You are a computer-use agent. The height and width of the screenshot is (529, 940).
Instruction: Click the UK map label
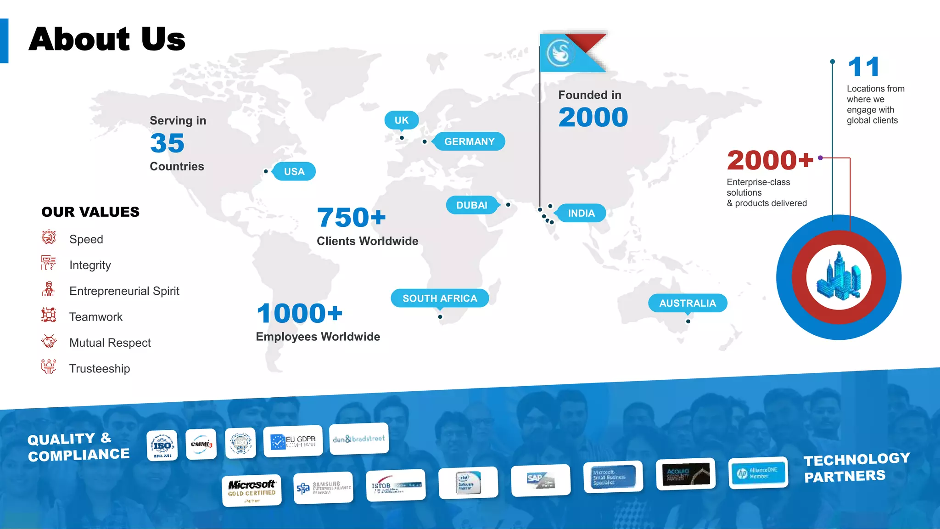401,120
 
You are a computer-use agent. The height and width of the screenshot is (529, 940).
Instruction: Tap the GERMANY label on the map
469,141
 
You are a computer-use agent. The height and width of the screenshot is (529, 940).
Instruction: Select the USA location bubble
294,172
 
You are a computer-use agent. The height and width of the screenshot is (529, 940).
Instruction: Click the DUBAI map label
472,205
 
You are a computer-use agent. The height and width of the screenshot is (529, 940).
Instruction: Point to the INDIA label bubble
581,213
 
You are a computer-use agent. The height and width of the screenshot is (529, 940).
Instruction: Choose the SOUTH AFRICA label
440,298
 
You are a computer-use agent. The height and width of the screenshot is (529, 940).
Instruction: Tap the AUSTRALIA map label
688,303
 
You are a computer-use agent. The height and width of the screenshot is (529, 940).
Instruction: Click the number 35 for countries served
167,143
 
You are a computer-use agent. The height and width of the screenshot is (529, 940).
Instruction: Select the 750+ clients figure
351,217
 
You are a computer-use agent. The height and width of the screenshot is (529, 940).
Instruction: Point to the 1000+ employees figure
299,314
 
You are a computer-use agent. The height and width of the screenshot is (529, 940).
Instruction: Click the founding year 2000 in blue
593,117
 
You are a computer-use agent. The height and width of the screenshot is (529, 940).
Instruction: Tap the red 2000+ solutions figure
770,160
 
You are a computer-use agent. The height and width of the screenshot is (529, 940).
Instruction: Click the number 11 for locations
863,67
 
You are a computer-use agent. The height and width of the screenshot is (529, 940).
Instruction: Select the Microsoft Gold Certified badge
252,490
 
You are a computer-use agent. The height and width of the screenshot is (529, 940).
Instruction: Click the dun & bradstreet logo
359,439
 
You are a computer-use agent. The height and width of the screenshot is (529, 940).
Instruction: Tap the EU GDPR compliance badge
293,441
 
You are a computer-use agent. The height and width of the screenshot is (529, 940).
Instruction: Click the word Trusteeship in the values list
100,369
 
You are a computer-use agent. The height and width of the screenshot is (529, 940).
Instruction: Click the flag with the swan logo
572,53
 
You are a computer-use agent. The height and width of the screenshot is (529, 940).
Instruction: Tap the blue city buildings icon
839,277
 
